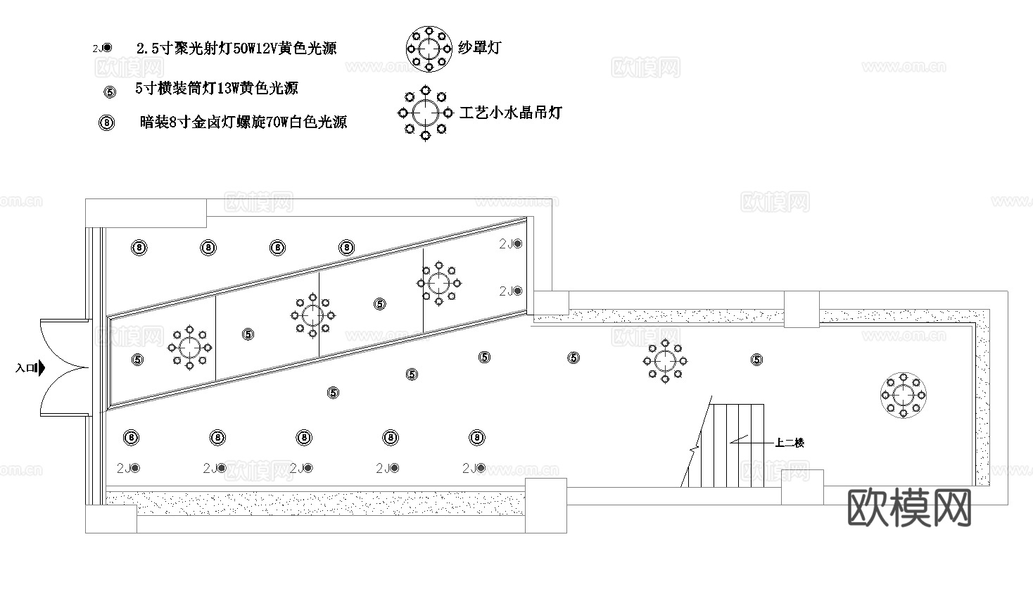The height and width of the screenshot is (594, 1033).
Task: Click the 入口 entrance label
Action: pos(26,367)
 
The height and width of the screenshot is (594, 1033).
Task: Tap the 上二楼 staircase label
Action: pos(790,443)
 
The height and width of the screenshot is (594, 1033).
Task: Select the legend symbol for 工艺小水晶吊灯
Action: pos(425,113)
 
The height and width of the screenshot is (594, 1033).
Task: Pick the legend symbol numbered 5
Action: pos(109,91)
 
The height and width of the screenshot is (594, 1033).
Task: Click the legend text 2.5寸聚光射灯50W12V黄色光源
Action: pos(236,48)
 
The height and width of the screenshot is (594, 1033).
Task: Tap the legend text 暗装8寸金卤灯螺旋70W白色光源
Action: pos(243,122)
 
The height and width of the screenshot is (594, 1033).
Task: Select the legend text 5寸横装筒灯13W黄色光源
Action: pos(217,89)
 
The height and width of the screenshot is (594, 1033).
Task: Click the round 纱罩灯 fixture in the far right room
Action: pos(903,395)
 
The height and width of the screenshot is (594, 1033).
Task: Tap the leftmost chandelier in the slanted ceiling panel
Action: pos(189,346)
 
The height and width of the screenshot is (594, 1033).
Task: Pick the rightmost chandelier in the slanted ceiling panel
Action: pos(438,283)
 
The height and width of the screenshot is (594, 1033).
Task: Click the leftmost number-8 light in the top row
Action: pos(139,248)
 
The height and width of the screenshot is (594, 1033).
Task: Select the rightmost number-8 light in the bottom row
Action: pos(477,438)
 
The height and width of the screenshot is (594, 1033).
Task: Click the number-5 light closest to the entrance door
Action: pos(137,359)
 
